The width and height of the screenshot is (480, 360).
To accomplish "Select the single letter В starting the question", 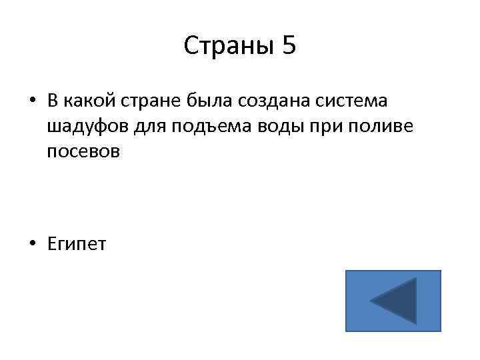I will (x=53, y=101).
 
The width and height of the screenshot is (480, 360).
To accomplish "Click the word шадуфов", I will (x=82, y=127).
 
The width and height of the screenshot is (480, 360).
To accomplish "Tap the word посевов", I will (x=84, y=151).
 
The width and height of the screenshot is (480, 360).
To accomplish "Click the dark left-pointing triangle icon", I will (x=395, y=301).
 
